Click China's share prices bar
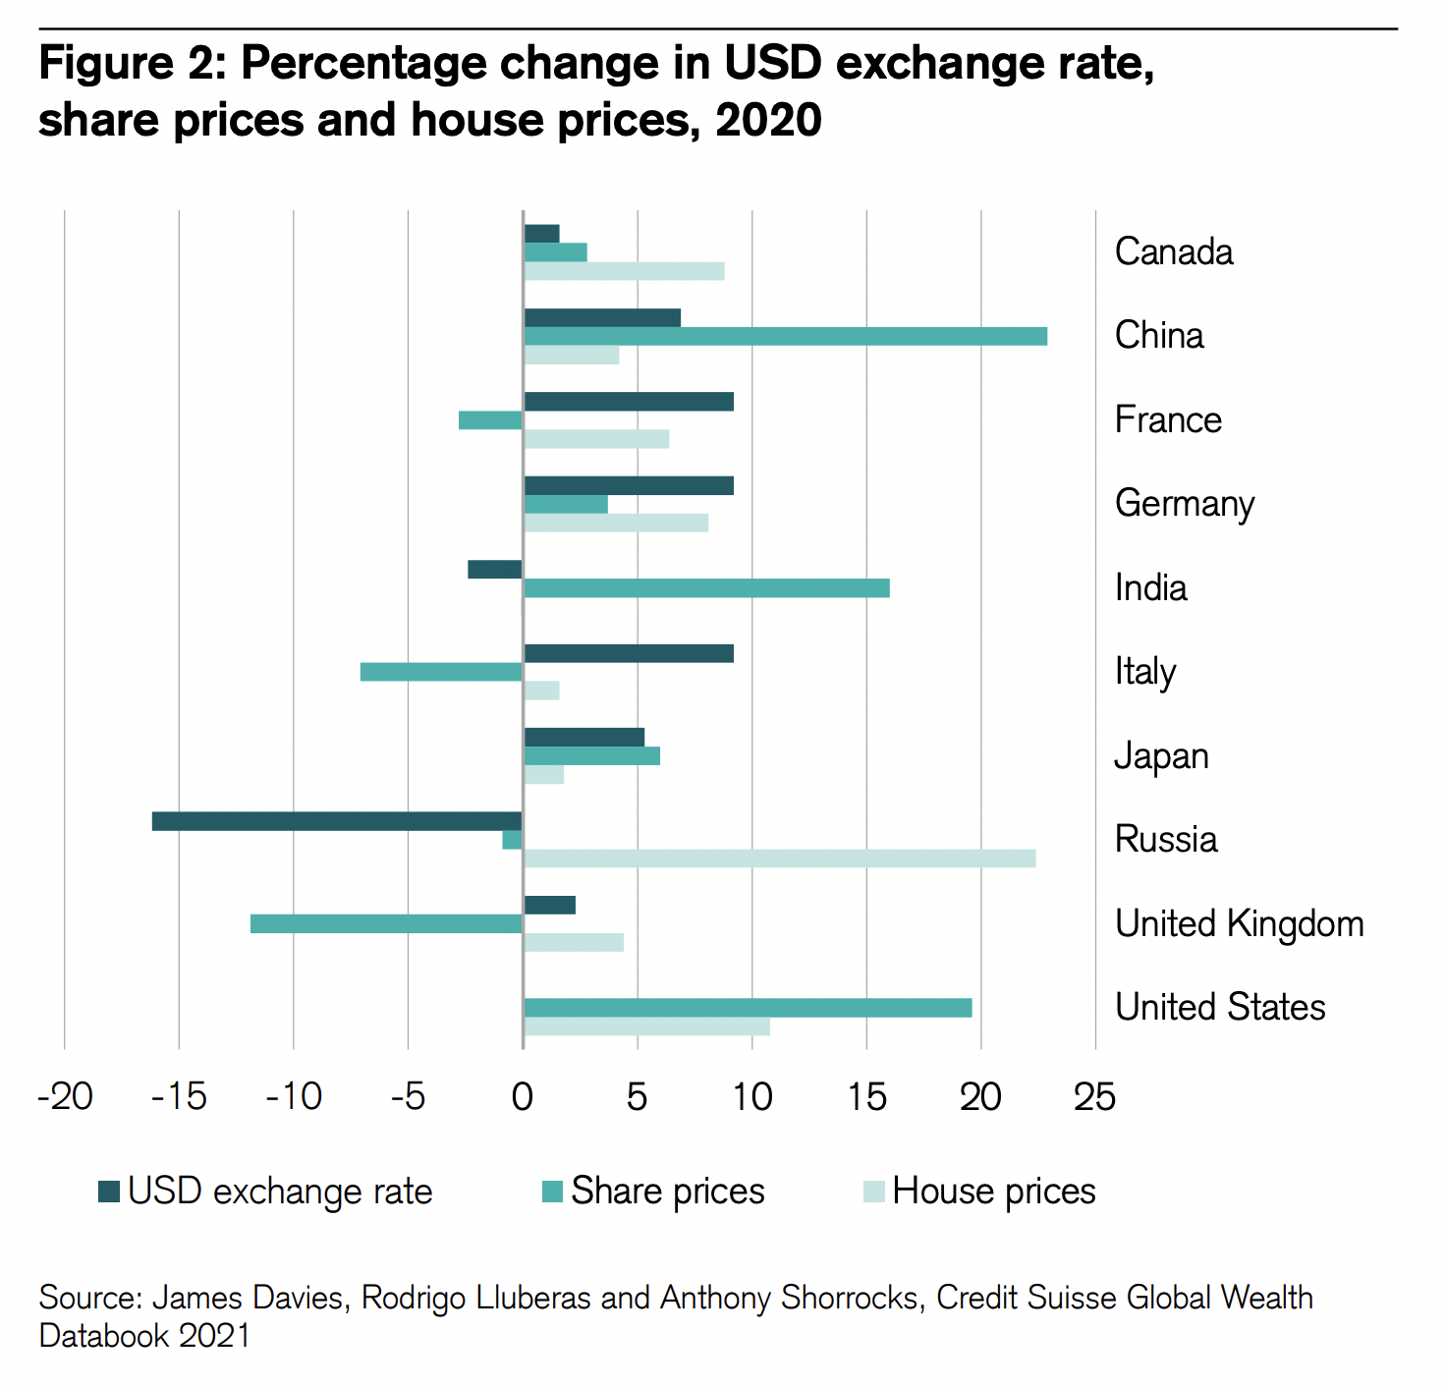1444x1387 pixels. [785, 336]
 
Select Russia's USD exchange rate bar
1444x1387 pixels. [337, 821]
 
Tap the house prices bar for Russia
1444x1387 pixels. [779, 859]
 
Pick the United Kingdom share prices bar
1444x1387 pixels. [386, 923]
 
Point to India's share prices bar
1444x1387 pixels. [706, 588]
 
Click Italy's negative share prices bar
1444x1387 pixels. [441, 672]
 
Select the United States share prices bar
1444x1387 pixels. [748, 1008]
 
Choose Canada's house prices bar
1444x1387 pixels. [624, 271]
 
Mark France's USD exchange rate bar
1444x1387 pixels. [629, 401]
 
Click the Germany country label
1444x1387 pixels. [1185, 504]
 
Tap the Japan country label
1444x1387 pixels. [1161, 756]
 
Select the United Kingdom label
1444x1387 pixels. [1239, 924]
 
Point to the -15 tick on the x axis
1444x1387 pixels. [179, 1096]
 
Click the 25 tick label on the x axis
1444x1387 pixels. [1094, 1096]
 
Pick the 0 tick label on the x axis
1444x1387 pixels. [523, 1096]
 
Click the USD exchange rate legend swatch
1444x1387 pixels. [109, 1192]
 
